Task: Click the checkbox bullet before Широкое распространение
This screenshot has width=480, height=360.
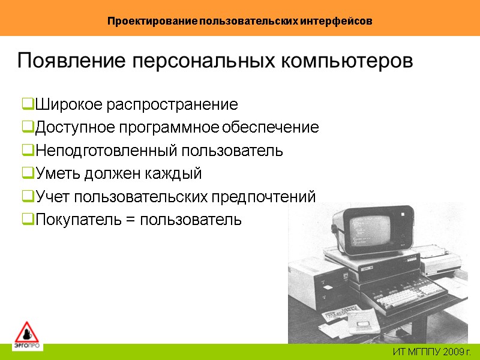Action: tap(28, 105)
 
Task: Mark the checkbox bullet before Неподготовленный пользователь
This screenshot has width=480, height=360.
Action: tap(28, 151)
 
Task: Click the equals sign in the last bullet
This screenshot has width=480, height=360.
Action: tap(130, 220)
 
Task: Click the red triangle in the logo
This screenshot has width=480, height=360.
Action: tap(26, 332)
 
